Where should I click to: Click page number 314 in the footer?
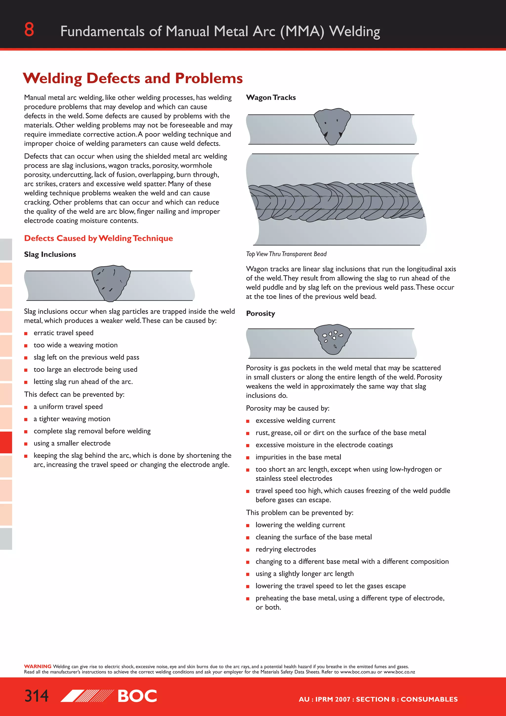click(x=37, y=696)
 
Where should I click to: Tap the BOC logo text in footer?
click(x=137, y=696)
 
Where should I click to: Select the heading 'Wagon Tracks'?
click(x=271, y=98)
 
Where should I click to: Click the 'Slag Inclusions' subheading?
click(x=50, y=254)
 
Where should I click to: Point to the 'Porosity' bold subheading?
click(x=260, y=313)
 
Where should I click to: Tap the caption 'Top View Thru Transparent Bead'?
click(x=286, y=254)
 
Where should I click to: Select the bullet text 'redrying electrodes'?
click(x=285, y=549)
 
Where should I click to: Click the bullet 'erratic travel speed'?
click(x=63, y=333)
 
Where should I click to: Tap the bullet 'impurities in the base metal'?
click(x=298, y=457)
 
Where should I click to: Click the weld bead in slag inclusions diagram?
click(x=111, y=283)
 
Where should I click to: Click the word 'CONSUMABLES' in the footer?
click(x=429, y=699)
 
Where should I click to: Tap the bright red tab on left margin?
click(x=6, y=442)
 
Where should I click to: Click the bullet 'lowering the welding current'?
click(x=300, y=525)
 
